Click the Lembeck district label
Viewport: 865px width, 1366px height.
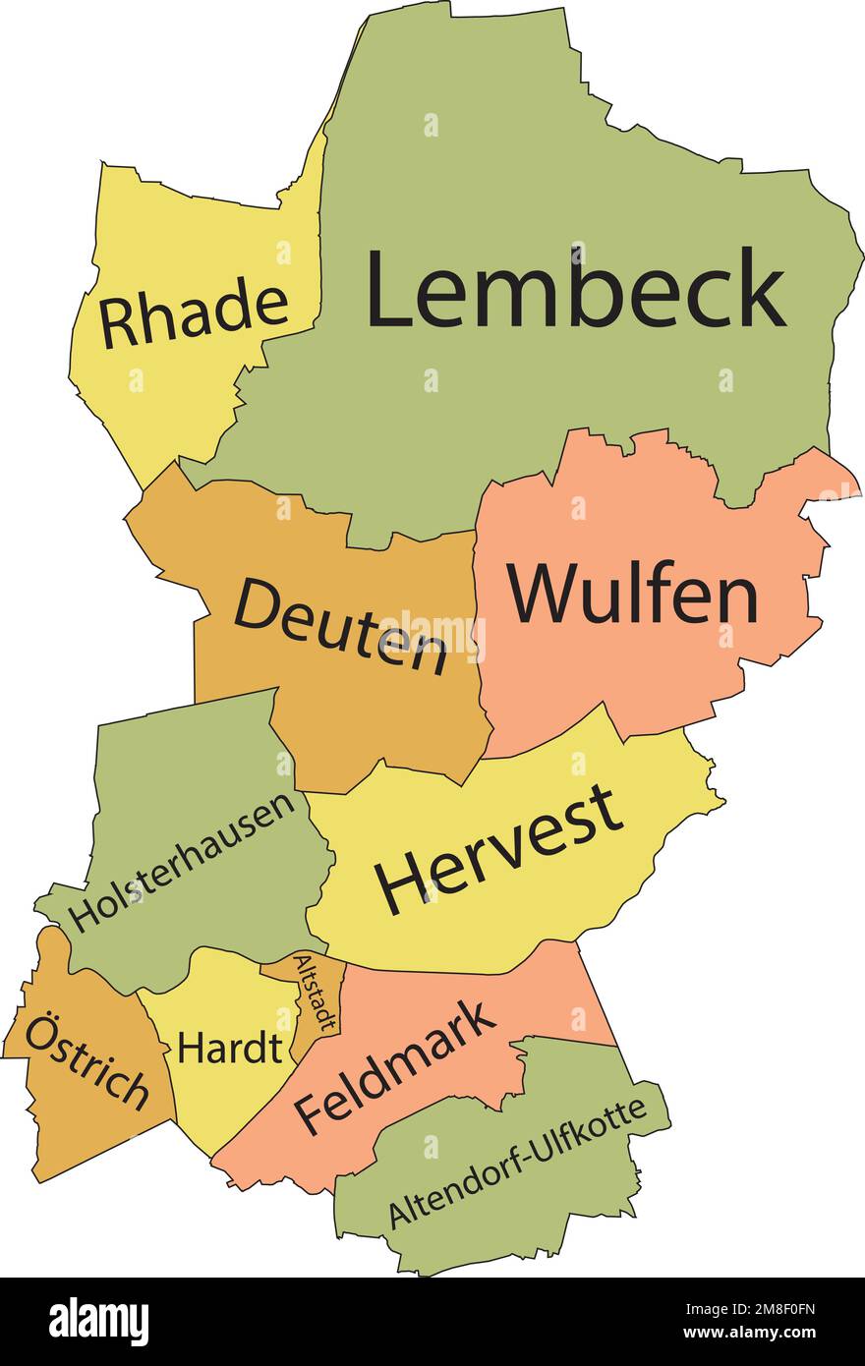[x=575, y=289]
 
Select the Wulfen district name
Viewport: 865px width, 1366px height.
[x=633, y=594]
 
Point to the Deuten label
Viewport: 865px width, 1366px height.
[x=340, y=625]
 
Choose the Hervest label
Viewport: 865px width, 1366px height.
[x=498, y=848]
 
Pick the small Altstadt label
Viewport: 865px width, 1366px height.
[x=317, y=993]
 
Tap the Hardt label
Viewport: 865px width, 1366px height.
[x=229, y=1049]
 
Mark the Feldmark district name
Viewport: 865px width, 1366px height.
[x=395, y=1067]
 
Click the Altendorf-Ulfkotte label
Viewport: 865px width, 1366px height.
[x=517, y=1161]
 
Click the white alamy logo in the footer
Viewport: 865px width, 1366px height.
[x=98, y=1320]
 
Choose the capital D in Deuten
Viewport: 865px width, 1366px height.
[x=256, y=605]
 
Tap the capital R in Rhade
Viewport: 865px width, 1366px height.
[x=116, y=324]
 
